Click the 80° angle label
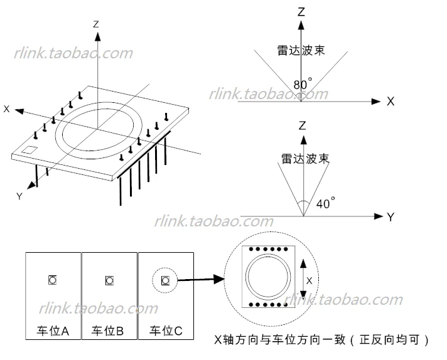click(303, 84)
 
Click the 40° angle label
click(326, 203)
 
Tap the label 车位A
click(53, 331)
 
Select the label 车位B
click(107, 331)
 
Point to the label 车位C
click(166, 331)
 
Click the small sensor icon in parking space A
click(53, 280)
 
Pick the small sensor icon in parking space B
click(109, 280)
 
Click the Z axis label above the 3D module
click(96, 24)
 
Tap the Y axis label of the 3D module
click(19, 196)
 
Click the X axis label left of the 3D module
click(6, 109)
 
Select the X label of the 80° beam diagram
click(390, 102)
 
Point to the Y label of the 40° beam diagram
click(390, 217)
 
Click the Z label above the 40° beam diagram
click(302, 125)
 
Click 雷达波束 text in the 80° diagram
click(301, 50)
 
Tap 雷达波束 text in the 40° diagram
click(305, 159)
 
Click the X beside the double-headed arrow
click(309, 281)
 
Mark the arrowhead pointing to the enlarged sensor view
click(219, 279)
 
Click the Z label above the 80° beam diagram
click(301, 12)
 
